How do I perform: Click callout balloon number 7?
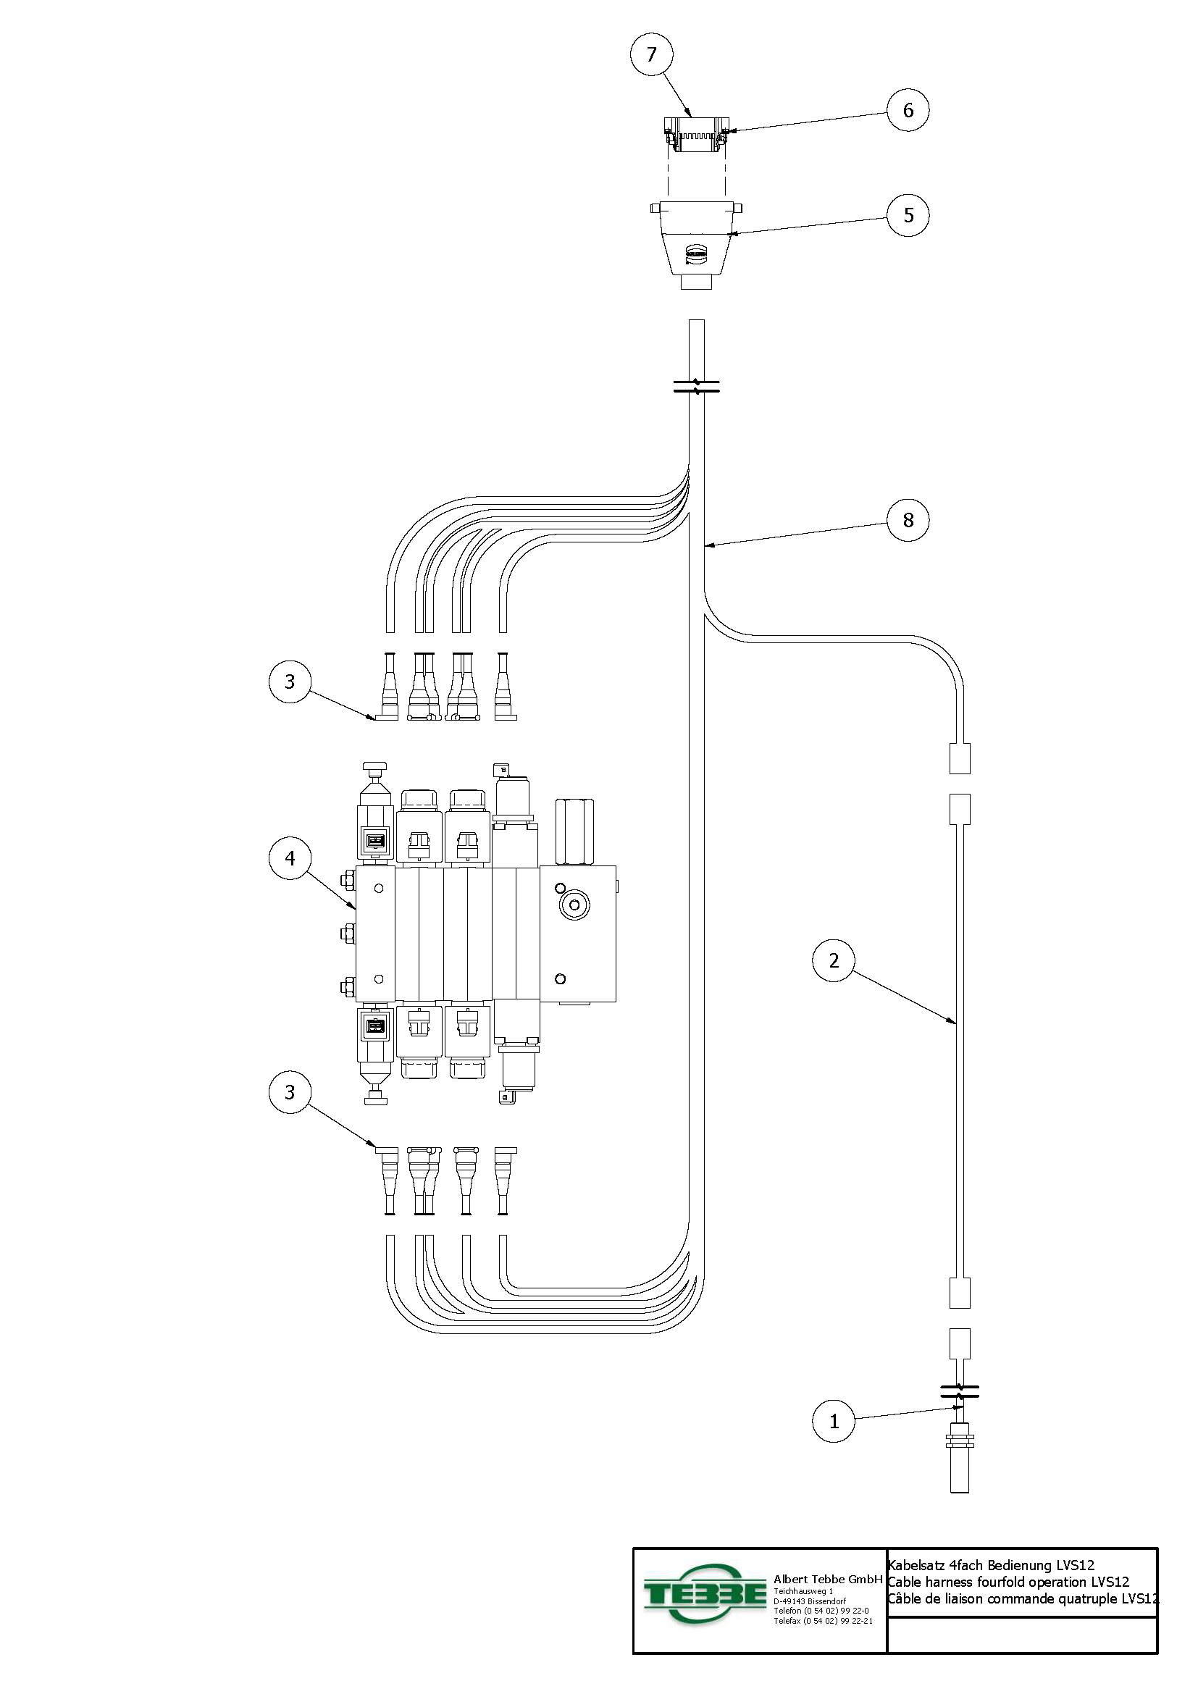[x=651, y=54]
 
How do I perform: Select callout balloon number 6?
[x=908, y=111]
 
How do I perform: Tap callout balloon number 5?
[x=908, y=215]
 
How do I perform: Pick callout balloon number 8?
[x=908, y=520]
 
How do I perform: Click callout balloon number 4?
[x=290, y=858]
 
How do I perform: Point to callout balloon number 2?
[x=834, y=960]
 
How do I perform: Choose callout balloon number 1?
[x=834, y=1421]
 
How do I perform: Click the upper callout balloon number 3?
[x=290, y=682]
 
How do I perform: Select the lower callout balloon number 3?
[x=290, y=1092]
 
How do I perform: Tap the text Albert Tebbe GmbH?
[x=828, y=1580]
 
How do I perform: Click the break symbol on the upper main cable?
[x=696, y=386]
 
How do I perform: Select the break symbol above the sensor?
[x=960, y=1392]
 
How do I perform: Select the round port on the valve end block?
[x=574, y=905]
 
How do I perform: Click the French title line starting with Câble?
[x=1022, y=1599]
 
